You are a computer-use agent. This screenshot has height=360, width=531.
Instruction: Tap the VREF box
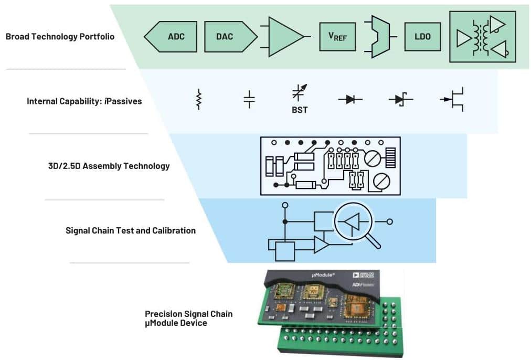[x=337, y=37]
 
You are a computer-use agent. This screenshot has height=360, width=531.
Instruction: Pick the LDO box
[x=423, y=37]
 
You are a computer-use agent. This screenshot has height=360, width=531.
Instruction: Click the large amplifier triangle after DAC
[x=283, y=37]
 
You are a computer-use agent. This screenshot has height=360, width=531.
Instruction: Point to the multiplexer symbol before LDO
[x=381, y=37]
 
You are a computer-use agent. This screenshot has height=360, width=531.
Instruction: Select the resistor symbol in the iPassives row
[x=198, y=99]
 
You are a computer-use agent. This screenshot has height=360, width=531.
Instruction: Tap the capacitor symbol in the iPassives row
[x=250, y=99]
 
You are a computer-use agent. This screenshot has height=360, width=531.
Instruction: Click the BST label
[x=300, y=111]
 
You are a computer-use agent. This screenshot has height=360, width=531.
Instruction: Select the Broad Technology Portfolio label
[x=60, y=37]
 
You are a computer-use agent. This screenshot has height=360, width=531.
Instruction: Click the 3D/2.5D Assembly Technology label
[x=109, y=166]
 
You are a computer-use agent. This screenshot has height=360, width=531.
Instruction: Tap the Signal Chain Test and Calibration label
[x=130, y=230]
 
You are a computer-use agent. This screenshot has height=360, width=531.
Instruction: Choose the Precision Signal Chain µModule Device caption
[x=188, y=319]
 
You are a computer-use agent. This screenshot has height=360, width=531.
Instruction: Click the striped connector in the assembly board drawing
[x=390, y=156]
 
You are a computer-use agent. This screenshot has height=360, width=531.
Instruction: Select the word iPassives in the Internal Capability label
[x=124, y=101]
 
